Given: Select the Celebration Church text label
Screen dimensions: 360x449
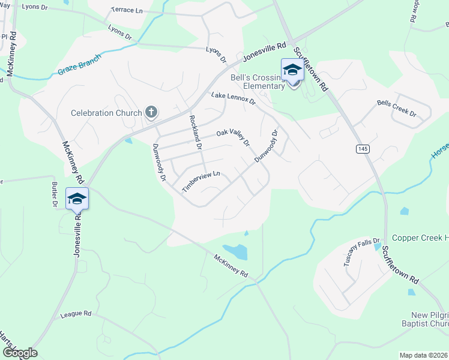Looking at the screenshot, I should click(x=106, y=113).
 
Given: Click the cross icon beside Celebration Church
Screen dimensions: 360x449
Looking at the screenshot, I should click(x=151, y=112).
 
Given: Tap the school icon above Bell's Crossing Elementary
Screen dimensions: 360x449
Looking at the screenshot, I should click(x=292, y=70).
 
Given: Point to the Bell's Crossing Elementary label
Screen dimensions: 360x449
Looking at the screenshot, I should click(x=258, y=82).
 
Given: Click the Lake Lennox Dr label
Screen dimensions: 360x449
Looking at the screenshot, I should click(x=233, y=98).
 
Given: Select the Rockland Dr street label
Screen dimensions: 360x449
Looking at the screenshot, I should click(x=194, y=132).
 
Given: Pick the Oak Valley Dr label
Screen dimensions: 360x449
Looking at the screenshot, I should click(x=233, y=136).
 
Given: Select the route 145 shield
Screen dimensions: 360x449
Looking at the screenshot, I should click(x=362, y=148).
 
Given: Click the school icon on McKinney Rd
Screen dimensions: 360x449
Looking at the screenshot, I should click(x=77, y=199).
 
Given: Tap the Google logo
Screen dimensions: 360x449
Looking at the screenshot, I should click(x=19, y=352).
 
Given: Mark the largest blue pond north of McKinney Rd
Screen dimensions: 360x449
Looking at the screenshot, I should click(x=235, y=252).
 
